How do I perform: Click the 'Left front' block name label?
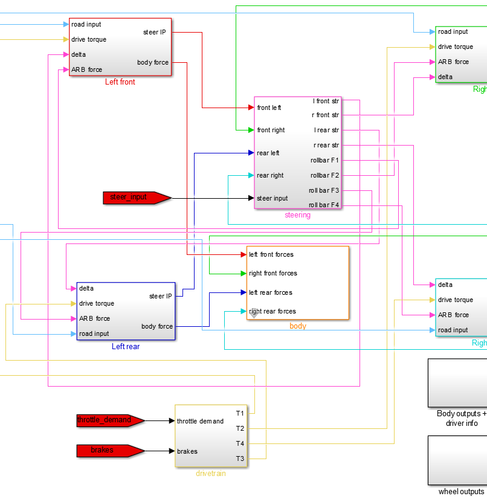pyautogui.click(x=120, y=82)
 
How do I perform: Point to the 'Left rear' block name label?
pyautogui.click(x=126, y=347)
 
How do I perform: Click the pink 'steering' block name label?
pyautogui.click(x=297, y=215)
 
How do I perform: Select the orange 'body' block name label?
pyautogui.click(x=298, y=326)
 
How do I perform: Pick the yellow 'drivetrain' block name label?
pyautogui.click(x=211, y=474)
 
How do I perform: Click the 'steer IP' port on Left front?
pyautogui.click(x=155, y=32)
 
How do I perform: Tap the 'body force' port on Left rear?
pyautogui.click(x=157, y=326)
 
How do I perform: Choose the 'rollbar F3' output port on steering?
pyautogui.click(x=324, y=190)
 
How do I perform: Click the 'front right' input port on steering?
pyautogui.click(x=271, y=130)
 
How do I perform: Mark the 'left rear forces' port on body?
pyautogui.click(x=271, y=292)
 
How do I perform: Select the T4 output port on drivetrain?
pyautogui.click(x=240, y=443)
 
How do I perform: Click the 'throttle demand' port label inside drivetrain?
pyautogui.click(x=200, y=421)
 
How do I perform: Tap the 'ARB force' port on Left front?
pyautogui.click(x=86, y=69)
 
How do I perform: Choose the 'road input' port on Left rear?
pyautogui.click(x=94, y=333)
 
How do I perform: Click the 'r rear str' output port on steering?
pyautogui.click(x=326, y=145)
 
